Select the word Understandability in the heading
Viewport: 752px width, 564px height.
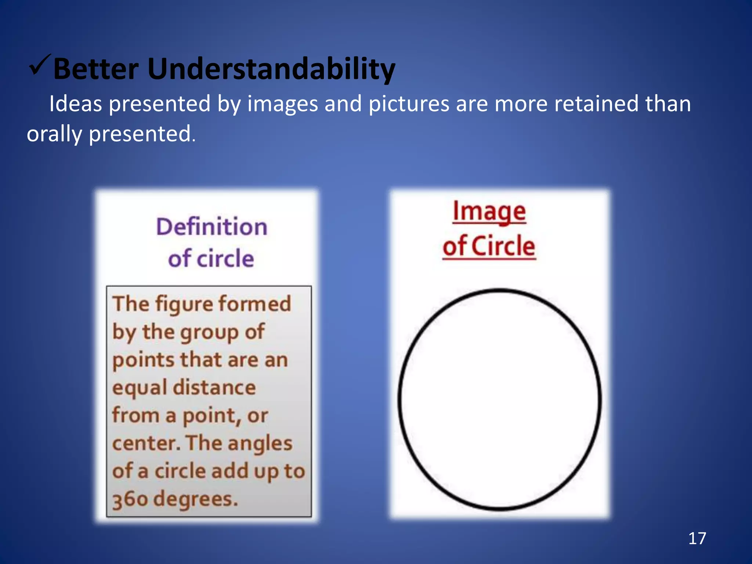(x=271, y=70)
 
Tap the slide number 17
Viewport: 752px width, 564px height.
(x=697, y=538)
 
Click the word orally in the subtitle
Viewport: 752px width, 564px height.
(x=54, y=134)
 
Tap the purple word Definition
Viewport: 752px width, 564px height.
(x=212, y=227)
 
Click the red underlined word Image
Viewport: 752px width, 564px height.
(x=489, y=212)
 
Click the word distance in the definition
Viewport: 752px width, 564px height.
(x=214, y=388)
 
